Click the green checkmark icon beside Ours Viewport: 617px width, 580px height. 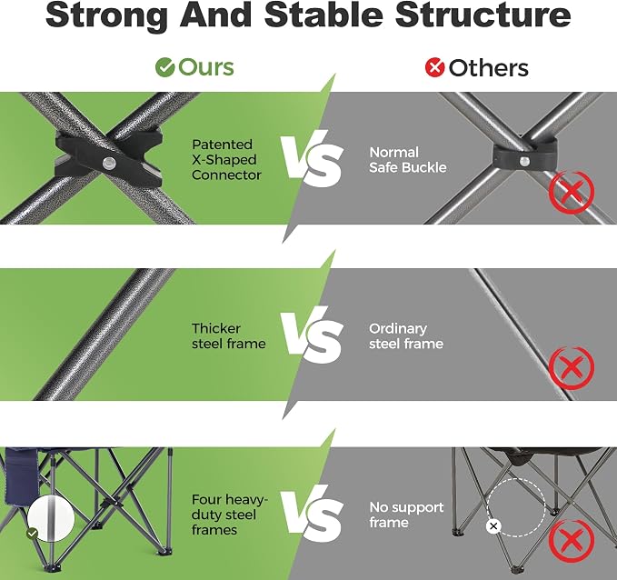[x=164, y=67]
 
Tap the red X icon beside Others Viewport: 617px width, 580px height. [x=435, y=67]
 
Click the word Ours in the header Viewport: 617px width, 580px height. [x=206, y=67]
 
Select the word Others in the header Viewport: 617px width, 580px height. [x=488, y=67]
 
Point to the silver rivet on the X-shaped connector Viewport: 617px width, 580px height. [x=109, y=163]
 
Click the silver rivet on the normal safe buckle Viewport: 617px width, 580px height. [x=524, y=161]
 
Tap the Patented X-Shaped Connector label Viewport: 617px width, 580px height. [x=226, y=160]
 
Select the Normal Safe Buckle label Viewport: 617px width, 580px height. [x=408, y=160]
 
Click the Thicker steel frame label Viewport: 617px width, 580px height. [x=229, y=335]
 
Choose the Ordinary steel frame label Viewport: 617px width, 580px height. [x=406, y=335]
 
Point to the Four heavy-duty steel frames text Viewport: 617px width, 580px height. [x=229, y=515]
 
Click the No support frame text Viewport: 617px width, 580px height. [x=406, y=515]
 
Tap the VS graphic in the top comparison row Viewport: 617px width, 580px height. [x=312, y=159]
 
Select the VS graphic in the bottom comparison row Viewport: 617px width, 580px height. [x=312, y=514]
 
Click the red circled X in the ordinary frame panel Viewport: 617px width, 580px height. [x=572, y=368]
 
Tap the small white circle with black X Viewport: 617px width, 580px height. [x=493, y=526]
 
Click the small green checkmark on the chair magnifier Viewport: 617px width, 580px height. [x=33, y=534]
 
